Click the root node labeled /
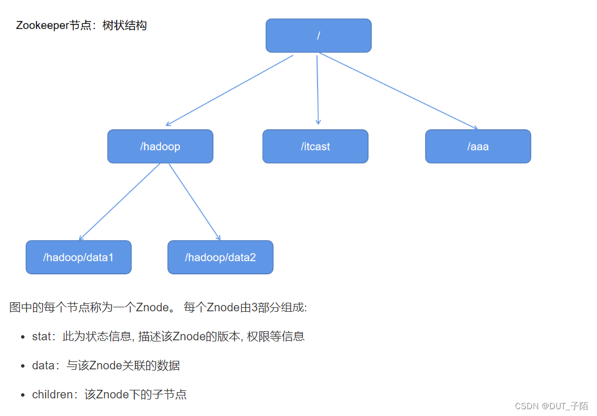[318, 35]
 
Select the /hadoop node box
[160, 146]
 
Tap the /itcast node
[315, 146]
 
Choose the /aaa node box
[478, 146]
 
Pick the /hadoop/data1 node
[79, 257]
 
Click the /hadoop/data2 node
[220, 257]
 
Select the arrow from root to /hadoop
[229, 90]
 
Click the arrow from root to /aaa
[398, 91]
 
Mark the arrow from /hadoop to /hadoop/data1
[120, 202]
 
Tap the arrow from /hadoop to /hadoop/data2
[195, 202]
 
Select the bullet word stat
[42, 336]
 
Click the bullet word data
[43, 365]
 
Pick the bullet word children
[52, 394]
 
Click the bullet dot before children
[22, 394]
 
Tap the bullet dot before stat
[22, 337]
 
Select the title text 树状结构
[125, 26]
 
